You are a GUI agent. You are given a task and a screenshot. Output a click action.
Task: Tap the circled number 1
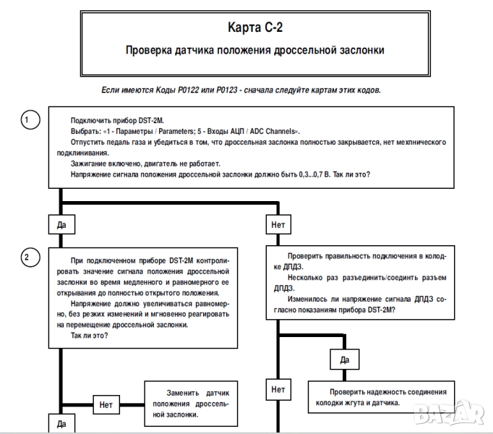[27, 119]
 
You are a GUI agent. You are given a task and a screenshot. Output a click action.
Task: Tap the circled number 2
[27, 257]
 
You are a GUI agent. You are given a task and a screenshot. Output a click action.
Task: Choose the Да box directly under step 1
[61, 225]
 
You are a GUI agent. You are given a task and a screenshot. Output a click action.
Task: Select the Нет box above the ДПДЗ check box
[278, 225]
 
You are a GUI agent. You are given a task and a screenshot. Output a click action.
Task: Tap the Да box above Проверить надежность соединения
[344, 359]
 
